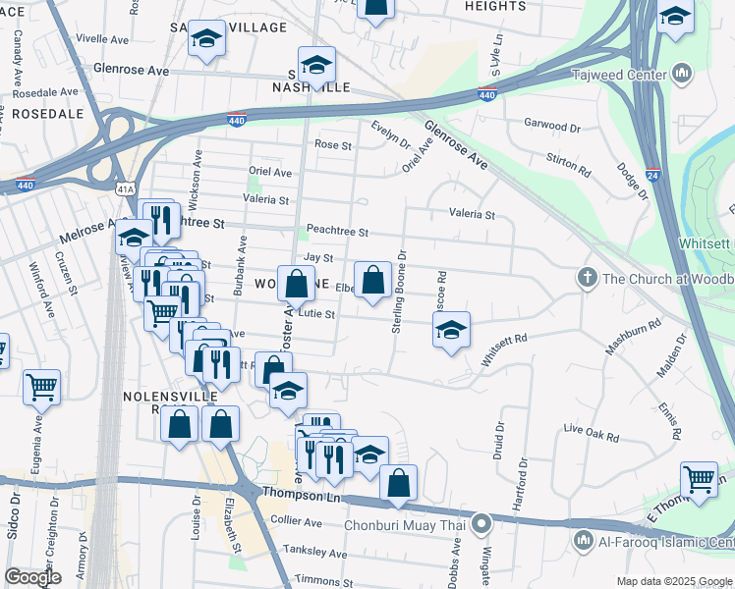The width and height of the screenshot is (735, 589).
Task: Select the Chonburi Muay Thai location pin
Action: tap(481, 524)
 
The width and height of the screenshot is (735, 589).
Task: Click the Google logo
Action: tap(32, 576)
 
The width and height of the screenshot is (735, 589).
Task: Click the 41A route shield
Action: tap(125, 187)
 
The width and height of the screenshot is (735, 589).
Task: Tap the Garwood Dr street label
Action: tap(552, 126)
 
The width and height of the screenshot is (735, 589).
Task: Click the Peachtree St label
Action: tap(336, 232)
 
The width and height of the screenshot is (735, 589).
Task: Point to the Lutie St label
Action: tap(317, 315)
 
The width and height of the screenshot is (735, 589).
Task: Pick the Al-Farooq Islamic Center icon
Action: tap(583, 540)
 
